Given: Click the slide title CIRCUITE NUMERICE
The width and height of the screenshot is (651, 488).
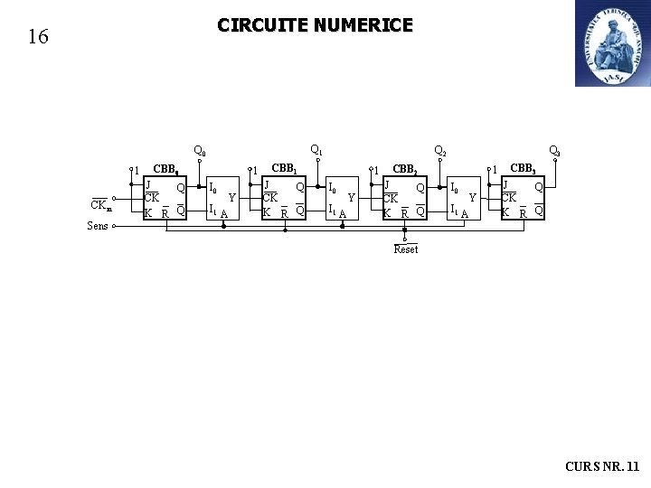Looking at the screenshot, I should click(315, 25).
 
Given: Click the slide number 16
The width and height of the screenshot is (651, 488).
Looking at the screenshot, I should click(38, 37).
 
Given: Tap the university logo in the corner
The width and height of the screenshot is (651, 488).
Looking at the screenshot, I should click(612, 43).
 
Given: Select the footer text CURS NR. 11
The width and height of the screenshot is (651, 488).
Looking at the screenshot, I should click(601, 466).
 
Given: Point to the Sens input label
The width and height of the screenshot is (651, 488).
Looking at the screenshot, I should click(98, 226).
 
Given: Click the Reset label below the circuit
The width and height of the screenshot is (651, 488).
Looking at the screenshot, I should click(406, 249).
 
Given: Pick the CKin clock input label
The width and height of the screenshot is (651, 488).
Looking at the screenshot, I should click(101, 205).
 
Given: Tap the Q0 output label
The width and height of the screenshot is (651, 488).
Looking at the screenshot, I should click(200, 152).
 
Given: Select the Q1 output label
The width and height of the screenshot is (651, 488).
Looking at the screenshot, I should click(316, 149).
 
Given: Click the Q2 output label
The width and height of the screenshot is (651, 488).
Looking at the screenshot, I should click(440, 151).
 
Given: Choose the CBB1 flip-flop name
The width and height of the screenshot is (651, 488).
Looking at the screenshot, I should click(285, 168).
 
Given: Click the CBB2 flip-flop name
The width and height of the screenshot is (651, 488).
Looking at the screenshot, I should click(404, 169).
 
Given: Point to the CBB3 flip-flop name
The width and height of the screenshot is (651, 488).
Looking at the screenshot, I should click(524, 168).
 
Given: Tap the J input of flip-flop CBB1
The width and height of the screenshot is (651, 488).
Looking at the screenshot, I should click(266, 184).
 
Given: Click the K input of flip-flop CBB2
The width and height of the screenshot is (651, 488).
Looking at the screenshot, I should click(387, 213).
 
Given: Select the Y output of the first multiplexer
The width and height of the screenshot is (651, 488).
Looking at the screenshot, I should click(231, 197).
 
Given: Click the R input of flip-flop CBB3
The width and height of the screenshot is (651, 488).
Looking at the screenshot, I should click(523, 213).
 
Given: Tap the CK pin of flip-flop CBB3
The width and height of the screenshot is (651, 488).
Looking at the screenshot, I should click(510, 198).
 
